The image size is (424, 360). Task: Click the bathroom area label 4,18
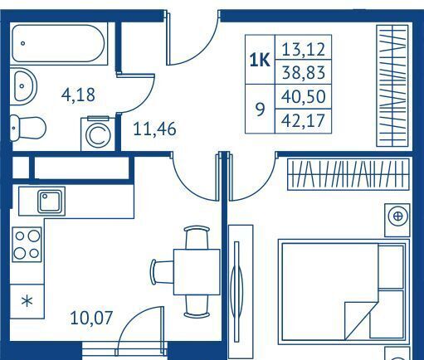(78, 95)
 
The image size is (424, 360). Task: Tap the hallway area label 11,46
(154, 129)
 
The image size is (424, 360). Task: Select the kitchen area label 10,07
(91, 318)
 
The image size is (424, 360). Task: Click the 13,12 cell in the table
(303, 50)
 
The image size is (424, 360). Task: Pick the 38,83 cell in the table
(303, 72)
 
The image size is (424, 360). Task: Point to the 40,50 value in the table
(303, 97)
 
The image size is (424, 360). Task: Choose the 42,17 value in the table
(303, 121)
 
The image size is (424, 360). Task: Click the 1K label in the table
(260, 60)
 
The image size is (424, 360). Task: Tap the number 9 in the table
(260, 109)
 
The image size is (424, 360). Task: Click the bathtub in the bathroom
(59, 43)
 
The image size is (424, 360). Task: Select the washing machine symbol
(98, 134)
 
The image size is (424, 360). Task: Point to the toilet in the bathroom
(27, 129)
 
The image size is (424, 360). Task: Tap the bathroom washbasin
(24, 86)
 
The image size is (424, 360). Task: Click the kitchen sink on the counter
(50, 202)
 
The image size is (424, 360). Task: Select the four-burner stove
(27, 245)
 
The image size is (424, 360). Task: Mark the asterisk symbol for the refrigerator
(27, 301)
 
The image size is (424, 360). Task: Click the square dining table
(197, 272)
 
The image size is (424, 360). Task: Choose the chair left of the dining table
(162, 272)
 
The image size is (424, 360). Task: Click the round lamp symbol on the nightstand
(398, 216)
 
